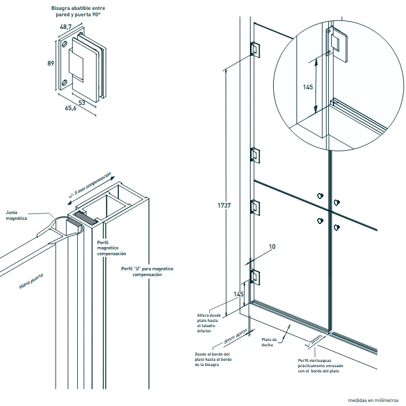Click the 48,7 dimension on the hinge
[x=66, y=27]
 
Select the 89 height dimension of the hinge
[x=51, y=63]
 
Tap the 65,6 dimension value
[x=70, y=108]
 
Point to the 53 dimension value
[x=82, y=103]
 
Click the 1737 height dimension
[x=224, y=205]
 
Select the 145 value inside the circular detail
[x=308, y=87]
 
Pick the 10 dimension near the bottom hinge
[x=272, y=246]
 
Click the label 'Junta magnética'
[x=16, y=215]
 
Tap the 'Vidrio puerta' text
[x=31, y=281]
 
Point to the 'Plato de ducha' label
[x=269, y=342]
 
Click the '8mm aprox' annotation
[x=235, y=336]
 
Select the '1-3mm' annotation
[x=313, y=341]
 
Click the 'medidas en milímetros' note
[x=373, y=400]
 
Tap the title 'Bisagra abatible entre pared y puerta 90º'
[x=78, y=12]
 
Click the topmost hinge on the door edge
[x=255, y=49]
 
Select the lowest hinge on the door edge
[x=255, y=277]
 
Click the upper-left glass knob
[x=320, y=196]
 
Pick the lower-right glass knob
[x=336, y=227]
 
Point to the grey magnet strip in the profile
[x=85, y=217]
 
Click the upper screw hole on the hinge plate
[x=64, y=44]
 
